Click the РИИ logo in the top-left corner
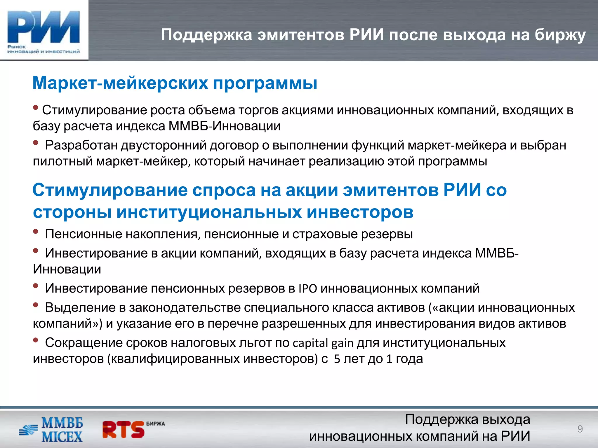click(44, 31)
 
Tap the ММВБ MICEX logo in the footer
click(51, 430)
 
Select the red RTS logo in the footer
click(124, 430)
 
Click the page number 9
click(580, 429)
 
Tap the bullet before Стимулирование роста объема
click(36, 108)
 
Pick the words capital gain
click(323, 343)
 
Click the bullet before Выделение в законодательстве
click(36, 305)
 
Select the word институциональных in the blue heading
click(209, 212)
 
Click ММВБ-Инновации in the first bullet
click(225, 126)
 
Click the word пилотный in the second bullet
click(63, 161)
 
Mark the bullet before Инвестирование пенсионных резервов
click(36, 286)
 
